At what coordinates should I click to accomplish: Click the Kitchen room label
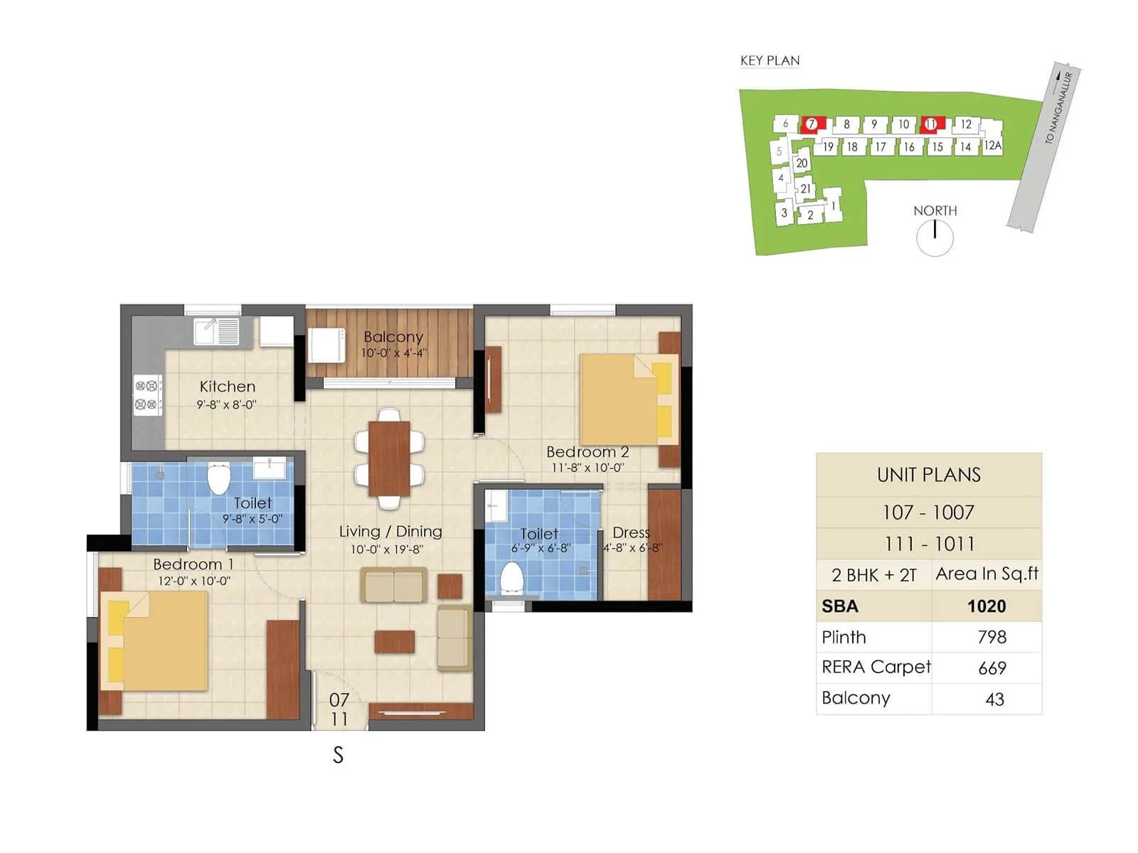pyautogui.click(x=227, y=387)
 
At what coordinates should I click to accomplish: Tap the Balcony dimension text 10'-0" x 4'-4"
pyautogui.click(x=393, y=353)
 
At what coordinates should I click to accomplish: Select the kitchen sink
pyautogui.click(x=216, y=331)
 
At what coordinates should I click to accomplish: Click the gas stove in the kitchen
pyautogui.click(x=147, y=395)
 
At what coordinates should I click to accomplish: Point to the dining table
pyautogui.click(x=389, y=458)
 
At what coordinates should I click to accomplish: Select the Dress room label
pyautogui.click(x=631, y=532)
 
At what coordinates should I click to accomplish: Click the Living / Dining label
pyautogui.click(x=390, y=532)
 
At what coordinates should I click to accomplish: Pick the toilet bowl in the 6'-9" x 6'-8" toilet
pyautogui.click(x=511, y=577)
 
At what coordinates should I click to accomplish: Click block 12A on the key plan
pyautogui.click(x=992, y=145)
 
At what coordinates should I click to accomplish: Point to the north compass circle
pyautogui.click(x=935, y=238)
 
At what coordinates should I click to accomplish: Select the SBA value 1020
pyautogui.click(x=987, y=606)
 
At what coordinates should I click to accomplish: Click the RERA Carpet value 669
pyautogui.click(x=991, y=668)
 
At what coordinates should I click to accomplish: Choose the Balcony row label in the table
pyautogui.click(x=856, y=698)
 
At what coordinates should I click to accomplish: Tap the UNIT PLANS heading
pyautogui.click(x=928, y=475)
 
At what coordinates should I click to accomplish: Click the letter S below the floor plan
pyautogui.click(x=338, y=755)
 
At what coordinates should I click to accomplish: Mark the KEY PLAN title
pyautogui.click(x=770, y=60)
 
